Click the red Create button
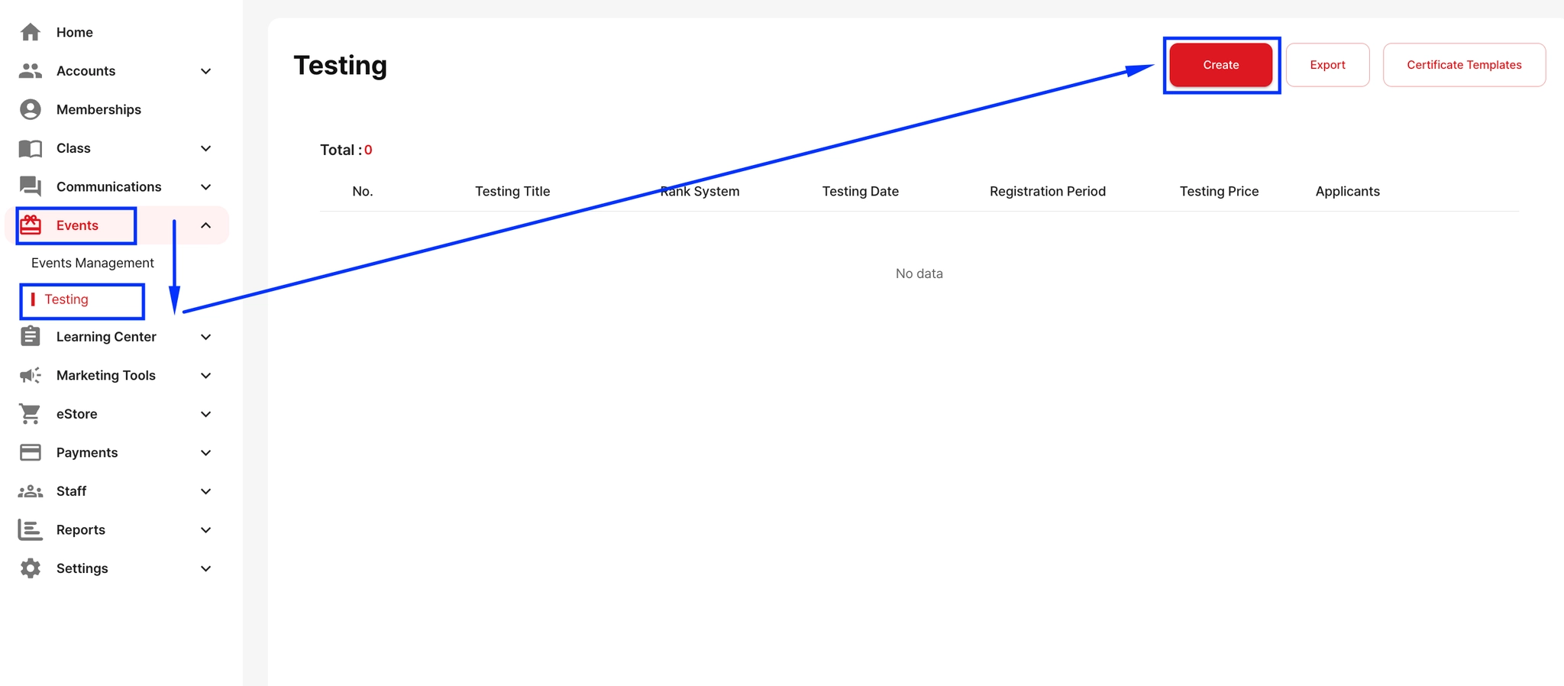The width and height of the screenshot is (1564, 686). (1220, 65)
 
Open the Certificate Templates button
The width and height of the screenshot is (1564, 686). (1463, 65)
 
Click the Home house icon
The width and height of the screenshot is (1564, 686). (31, 32)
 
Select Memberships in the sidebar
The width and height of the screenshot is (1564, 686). (99, 109)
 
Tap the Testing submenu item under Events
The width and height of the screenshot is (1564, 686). (66, 299)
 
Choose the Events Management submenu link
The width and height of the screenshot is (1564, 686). (92, 263)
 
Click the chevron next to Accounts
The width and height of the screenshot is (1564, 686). (205, 71)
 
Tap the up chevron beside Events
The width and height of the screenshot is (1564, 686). (205, 225)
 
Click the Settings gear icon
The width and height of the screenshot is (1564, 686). (31, 568)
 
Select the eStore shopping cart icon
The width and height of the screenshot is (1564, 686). (31, 414)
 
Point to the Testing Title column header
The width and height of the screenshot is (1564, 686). (512, 191)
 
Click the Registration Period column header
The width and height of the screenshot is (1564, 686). (1047, 191)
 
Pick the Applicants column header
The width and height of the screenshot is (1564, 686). (1347, 191)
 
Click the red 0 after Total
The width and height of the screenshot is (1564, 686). (368, 150)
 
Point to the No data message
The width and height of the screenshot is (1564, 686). (919, 273)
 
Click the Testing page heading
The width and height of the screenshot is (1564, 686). (341, 66)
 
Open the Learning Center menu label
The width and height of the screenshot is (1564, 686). (106, 337)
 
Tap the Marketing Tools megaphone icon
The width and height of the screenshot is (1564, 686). (31, 375)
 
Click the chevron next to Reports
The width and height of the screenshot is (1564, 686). (205, 530)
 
